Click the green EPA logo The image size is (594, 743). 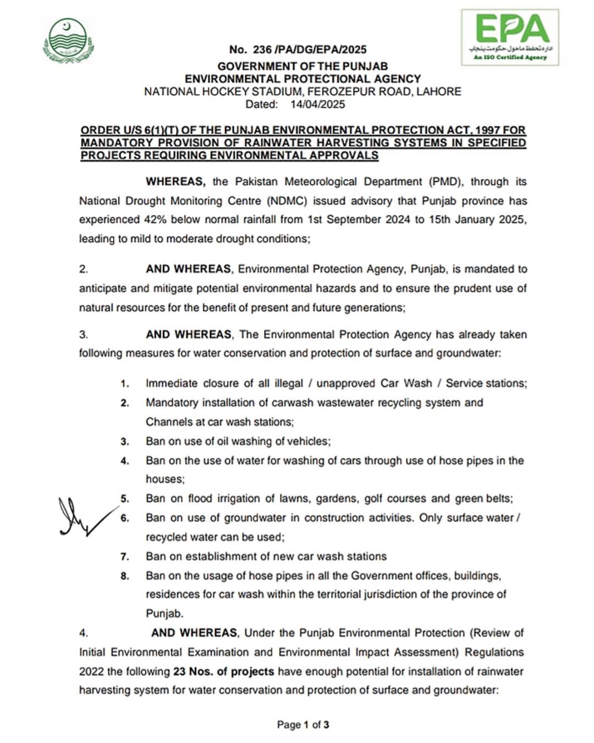click(x=510, y=37)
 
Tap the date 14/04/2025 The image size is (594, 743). click(x=317, y=104)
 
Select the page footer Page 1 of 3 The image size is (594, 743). click(x=303, y=724)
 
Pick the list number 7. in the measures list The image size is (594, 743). click(x=125, y=557)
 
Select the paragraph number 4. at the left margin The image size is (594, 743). click(x=83, y=633)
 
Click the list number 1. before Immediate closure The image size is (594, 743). click(x=125, y=384)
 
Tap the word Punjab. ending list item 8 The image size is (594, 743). click(x=164, y=613)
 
